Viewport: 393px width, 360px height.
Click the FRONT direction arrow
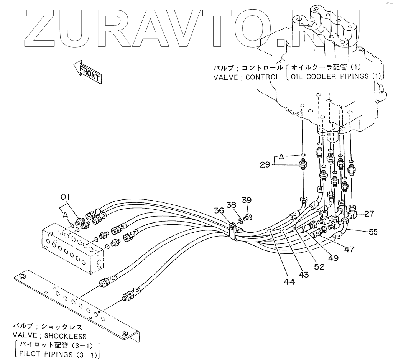pos(88,72)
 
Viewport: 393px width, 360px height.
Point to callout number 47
pos(349,249)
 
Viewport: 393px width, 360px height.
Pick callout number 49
pos(333,258)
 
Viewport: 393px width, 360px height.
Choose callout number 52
pos(319,266)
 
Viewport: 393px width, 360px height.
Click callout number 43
pos(303,275)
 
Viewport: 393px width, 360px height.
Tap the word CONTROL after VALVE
pos(263,77)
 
